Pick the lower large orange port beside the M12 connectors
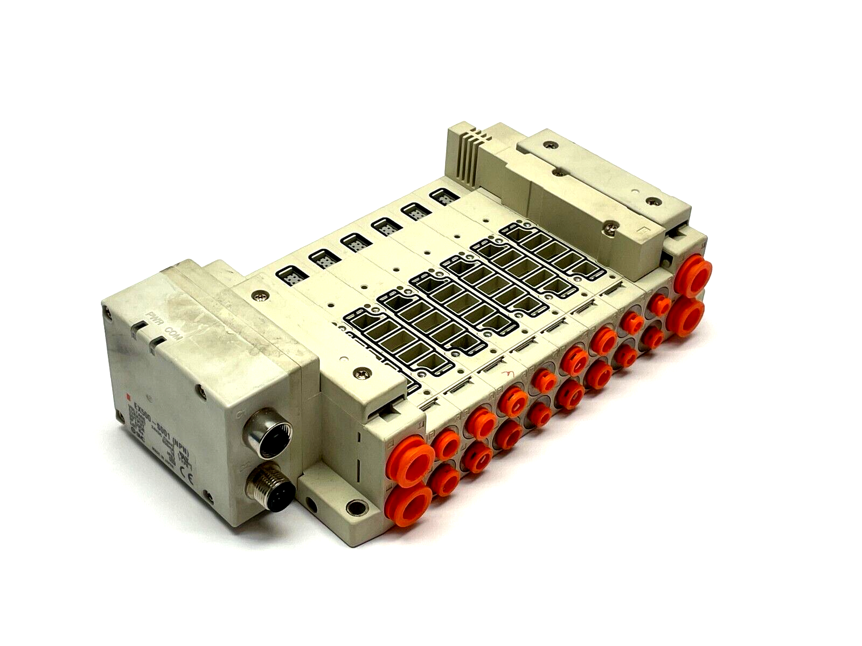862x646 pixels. point(408,501)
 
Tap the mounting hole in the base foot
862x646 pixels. point(354,506)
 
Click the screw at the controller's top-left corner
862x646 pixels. point(108,310)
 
